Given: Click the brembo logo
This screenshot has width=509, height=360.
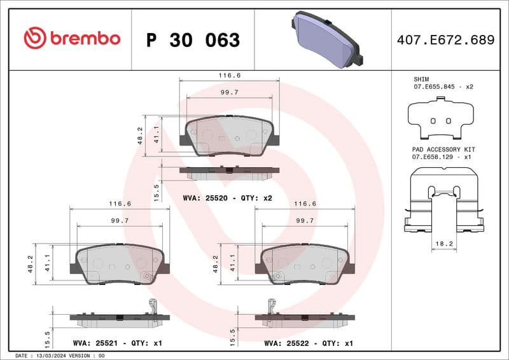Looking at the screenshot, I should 71,38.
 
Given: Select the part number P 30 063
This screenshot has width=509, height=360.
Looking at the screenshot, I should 193,40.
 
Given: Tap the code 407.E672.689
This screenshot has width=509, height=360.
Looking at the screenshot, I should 445,40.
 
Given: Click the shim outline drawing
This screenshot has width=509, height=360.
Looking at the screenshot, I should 440,118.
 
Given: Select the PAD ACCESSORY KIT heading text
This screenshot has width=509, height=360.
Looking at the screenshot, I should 443,148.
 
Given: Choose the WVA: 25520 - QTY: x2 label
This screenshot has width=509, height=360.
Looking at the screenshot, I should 227,198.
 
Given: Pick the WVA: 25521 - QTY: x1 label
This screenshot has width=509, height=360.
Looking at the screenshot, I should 119,343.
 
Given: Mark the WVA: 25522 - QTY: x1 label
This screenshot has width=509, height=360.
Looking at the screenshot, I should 309,343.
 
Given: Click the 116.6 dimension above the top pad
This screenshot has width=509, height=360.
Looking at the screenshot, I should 230,75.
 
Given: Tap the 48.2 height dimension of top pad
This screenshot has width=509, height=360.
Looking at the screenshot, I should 140,135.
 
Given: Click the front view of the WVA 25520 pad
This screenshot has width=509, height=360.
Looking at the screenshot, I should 229,135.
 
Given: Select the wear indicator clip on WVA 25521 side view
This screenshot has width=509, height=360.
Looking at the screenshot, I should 151,306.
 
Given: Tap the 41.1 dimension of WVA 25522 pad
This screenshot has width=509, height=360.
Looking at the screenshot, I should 234,263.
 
